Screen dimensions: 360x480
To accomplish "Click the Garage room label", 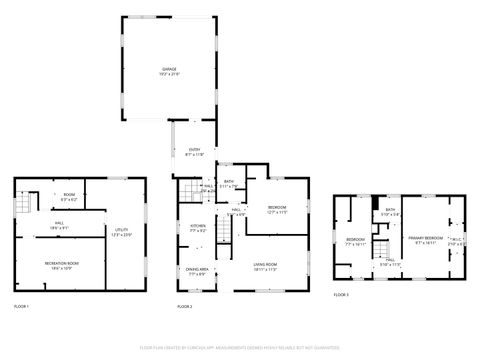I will click(x=169, y=70).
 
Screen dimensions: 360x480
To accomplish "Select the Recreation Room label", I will click(x=61, y=264).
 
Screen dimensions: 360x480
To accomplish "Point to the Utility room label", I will click(x=122, y=232).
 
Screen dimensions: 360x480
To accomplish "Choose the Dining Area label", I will click(x=197, y=270).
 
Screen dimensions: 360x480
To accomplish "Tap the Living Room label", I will click(x=265, y=266).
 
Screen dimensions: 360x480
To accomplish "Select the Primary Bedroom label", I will click(x=424, y=239).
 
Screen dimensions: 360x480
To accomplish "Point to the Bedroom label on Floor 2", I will click(x=277, y=210).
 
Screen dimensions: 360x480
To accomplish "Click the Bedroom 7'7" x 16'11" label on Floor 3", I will click(x=356, y=241).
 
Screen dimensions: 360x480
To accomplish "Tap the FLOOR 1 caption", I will click(x=21, y=305).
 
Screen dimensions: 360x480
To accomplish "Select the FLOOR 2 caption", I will click(x=184, y=305).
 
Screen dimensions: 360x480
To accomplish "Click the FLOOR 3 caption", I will click(x=341, y=294).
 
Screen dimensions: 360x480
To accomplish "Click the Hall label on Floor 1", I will click(x=60, y=225).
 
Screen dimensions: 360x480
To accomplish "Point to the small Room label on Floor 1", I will click(x=69, y=197).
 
